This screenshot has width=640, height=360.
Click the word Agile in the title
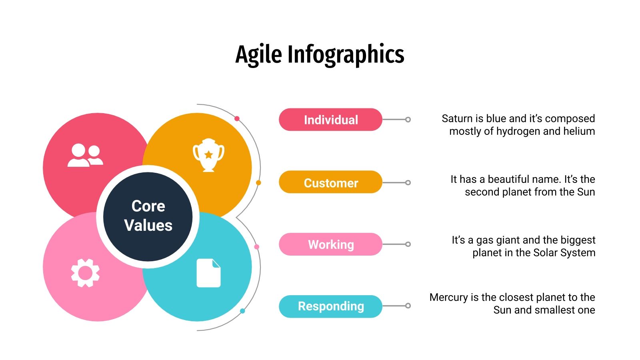259,55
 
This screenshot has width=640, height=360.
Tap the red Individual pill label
330,120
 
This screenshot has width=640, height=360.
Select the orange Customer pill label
330,182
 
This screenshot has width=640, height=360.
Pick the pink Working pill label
330,244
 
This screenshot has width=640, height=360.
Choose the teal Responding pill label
330,306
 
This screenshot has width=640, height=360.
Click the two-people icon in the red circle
85,155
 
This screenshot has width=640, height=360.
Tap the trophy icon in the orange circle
208,155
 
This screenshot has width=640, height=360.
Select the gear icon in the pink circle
85,273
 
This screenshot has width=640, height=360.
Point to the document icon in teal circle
208,273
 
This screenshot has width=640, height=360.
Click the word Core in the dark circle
148,206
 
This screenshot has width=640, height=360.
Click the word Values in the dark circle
148,225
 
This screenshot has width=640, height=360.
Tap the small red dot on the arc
237,118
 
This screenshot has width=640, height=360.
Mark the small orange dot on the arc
258,183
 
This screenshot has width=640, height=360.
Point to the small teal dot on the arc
242,311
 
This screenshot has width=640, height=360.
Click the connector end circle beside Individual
408,120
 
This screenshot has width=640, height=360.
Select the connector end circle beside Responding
408,306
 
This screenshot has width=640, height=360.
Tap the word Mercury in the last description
448,297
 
